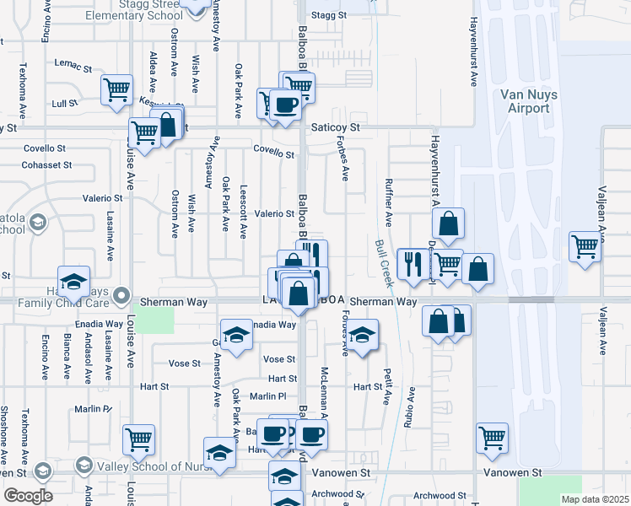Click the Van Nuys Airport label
point(528,101)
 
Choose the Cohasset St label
point(42,165)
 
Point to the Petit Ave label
point(388,386)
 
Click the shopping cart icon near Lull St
point(116,89)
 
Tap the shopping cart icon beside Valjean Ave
point(584,246)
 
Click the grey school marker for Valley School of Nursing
point(84,466)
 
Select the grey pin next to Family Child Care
point(122,295)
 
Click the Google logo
point(28,496)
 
